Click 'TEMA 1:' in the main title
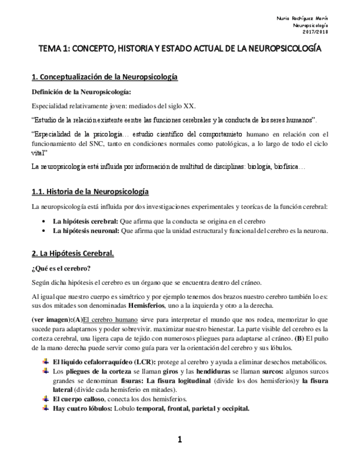click(54, 49)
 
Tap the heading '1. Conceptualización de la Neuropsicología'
click(104, 77)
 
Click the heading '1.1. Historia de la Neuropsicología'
click(90, 191)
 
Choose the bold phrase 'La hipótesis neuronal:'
click(85, 231)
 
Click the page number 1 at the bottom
click(179, 439)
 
